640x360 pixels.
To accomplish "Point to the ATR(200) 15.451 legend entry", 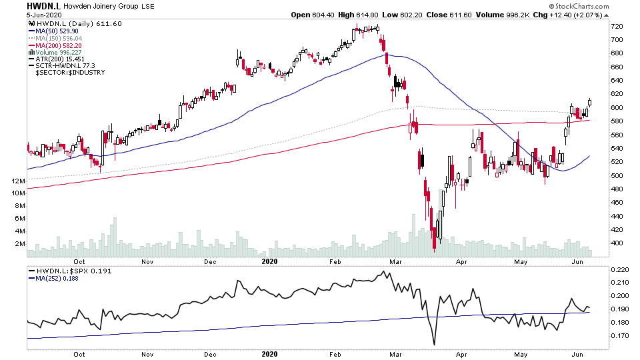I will coord(59,60).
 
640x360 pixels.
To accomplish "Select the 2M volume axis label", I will coord(19,244).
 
